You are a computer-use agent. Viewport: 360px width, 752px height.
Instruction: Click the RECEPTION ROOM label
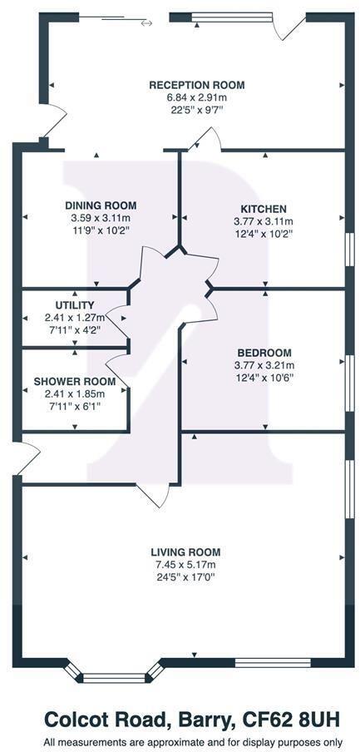197,86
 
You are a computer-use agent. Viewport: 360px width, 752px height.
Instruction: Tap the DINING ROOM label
101,205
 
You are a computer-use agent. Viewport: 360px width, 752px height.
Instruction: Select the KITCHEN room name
264,209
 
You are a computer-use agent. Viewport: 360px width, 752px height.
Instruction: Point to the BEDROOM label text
264,353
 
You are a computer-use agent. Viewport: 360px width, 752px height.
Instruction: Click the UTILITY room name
74,305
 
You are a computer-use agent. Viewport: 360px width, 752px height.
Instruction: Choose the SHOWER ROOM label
74,382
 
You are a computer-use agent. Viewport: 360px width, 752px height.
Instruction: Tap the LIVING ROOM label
185,552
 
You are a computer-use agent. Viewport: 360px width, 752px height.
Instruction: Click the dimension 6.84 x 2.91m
196,98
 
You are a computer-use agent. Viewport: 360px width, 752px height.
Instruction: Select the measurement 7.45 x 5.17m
185,565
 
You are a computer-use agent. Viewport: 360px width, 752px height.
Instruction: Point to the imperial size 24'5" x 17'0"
185,577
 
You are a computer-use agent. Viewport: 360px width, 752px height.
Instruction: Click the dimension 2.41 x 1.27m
74,318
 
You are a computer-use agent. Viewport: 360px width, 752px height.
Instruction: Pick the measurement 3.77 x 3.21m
264,365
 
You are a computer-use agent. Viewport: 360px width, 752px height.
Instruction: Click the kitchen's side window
350,249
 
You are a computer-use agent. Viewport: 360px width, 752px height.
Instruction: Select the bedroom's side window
350,383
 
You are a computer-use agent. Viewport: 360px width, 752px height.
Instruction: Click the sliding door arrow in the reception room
146,22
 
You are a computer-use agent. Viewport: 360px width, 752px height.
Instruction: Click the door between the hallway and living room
154,495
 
